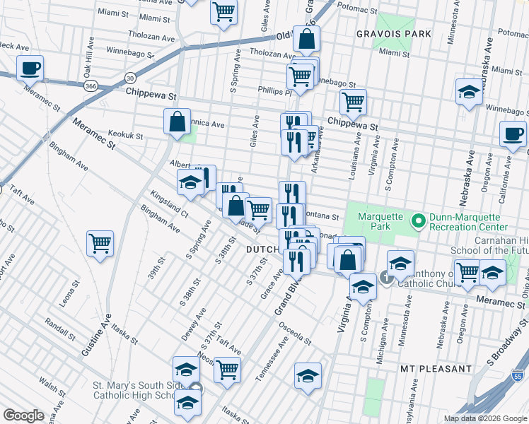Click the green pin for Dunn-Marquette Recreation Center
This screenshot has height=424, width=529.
tap(419, 221)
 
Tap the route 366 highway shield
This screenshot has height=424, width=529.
tap(91, 86)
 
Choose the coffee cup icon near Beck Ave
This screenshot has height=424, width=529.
tap(30, 69)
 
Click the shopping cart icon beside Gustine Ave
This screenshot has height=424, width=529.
tap(100, 244)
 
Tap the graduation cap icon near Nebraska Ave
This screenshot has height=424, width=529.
tap(468, 93)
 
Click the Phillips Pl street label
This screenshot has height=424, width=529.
tap(275, 91)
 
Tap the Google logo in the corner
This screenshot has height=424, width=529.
tap(24, 416)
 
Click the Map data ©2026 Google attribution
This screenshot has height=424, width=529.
tap(484, 418)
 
